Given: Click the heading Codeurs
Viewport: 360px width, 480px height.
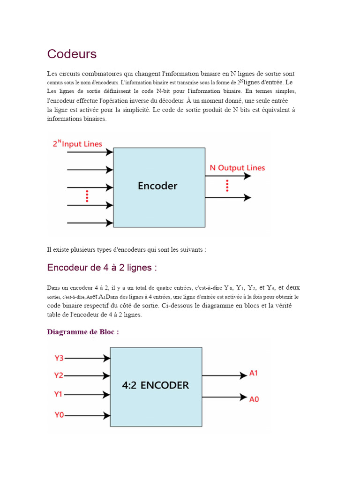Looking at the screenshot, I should click(x=72, y=54).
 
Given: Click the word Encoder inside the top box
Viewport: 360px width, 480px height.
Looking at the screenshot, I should click(x=157, y=186).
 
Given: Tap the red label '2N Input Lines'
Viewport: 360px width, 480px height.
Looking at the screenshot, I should click(x=77, y=144).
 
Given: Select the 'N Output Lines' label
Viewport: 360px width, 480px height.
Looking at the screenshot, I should click(x=237, y=168).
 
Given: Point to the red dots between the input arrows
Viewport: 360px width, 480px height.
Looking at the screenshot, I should click(x=87, y=196).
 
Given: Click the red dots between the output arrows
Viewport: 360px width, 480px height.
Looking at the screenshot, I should click(x=227, y=186).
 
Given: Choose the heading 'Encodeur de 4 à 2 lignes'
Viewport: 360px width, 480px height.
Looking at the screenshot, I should click(x=102, y=268).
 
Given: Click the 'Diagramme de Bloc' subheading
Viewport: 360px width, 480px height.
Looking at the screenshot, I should click(x=83, y=332).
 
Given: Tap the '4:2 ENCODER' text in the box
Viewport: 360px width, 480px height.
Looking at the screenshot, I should click(x=156, y=385).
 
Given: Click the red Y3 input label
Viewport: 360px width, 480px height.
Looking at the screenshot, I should click(x=59, y=358).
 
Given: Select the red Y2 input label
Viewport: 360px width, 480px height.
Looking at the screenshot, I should click(x=59, y=375).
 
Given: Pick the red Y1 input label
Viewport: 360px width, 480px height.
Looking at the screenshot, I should click(x=59, y=394).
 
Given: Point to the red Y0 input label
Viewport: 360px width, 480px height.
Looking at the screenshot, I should click(x=59, y=414).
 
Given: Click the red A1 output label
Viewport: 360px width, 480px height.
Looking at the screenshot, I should click(x=254, y=374).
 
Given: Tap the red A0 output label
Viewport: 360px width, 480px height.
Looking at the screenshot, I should click(x=254, y=399).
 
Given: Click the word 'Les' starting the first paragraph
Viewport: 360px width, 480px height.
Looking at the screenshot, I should click(x=52, y=74).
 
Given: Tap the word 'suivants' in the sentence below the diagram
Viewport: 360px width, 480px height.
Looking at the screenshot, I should click(x=192, y=250).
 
